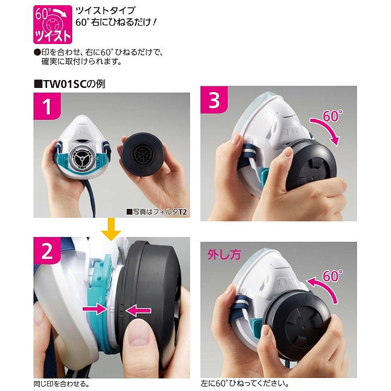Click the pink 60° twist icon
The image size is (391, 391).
click(52, 24)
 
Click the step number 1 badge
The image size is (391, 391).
click(47, 107)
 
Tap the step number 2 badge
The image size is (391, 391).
click(47, 252)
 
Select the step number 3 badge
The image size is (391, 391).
click(214, 99)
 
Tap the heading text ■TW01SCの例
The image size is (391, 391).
click(69, 83)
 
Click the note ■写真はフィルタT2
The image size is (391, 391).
click(157, 212)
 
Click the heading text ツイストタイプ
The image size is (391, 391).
click(97, 10)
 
